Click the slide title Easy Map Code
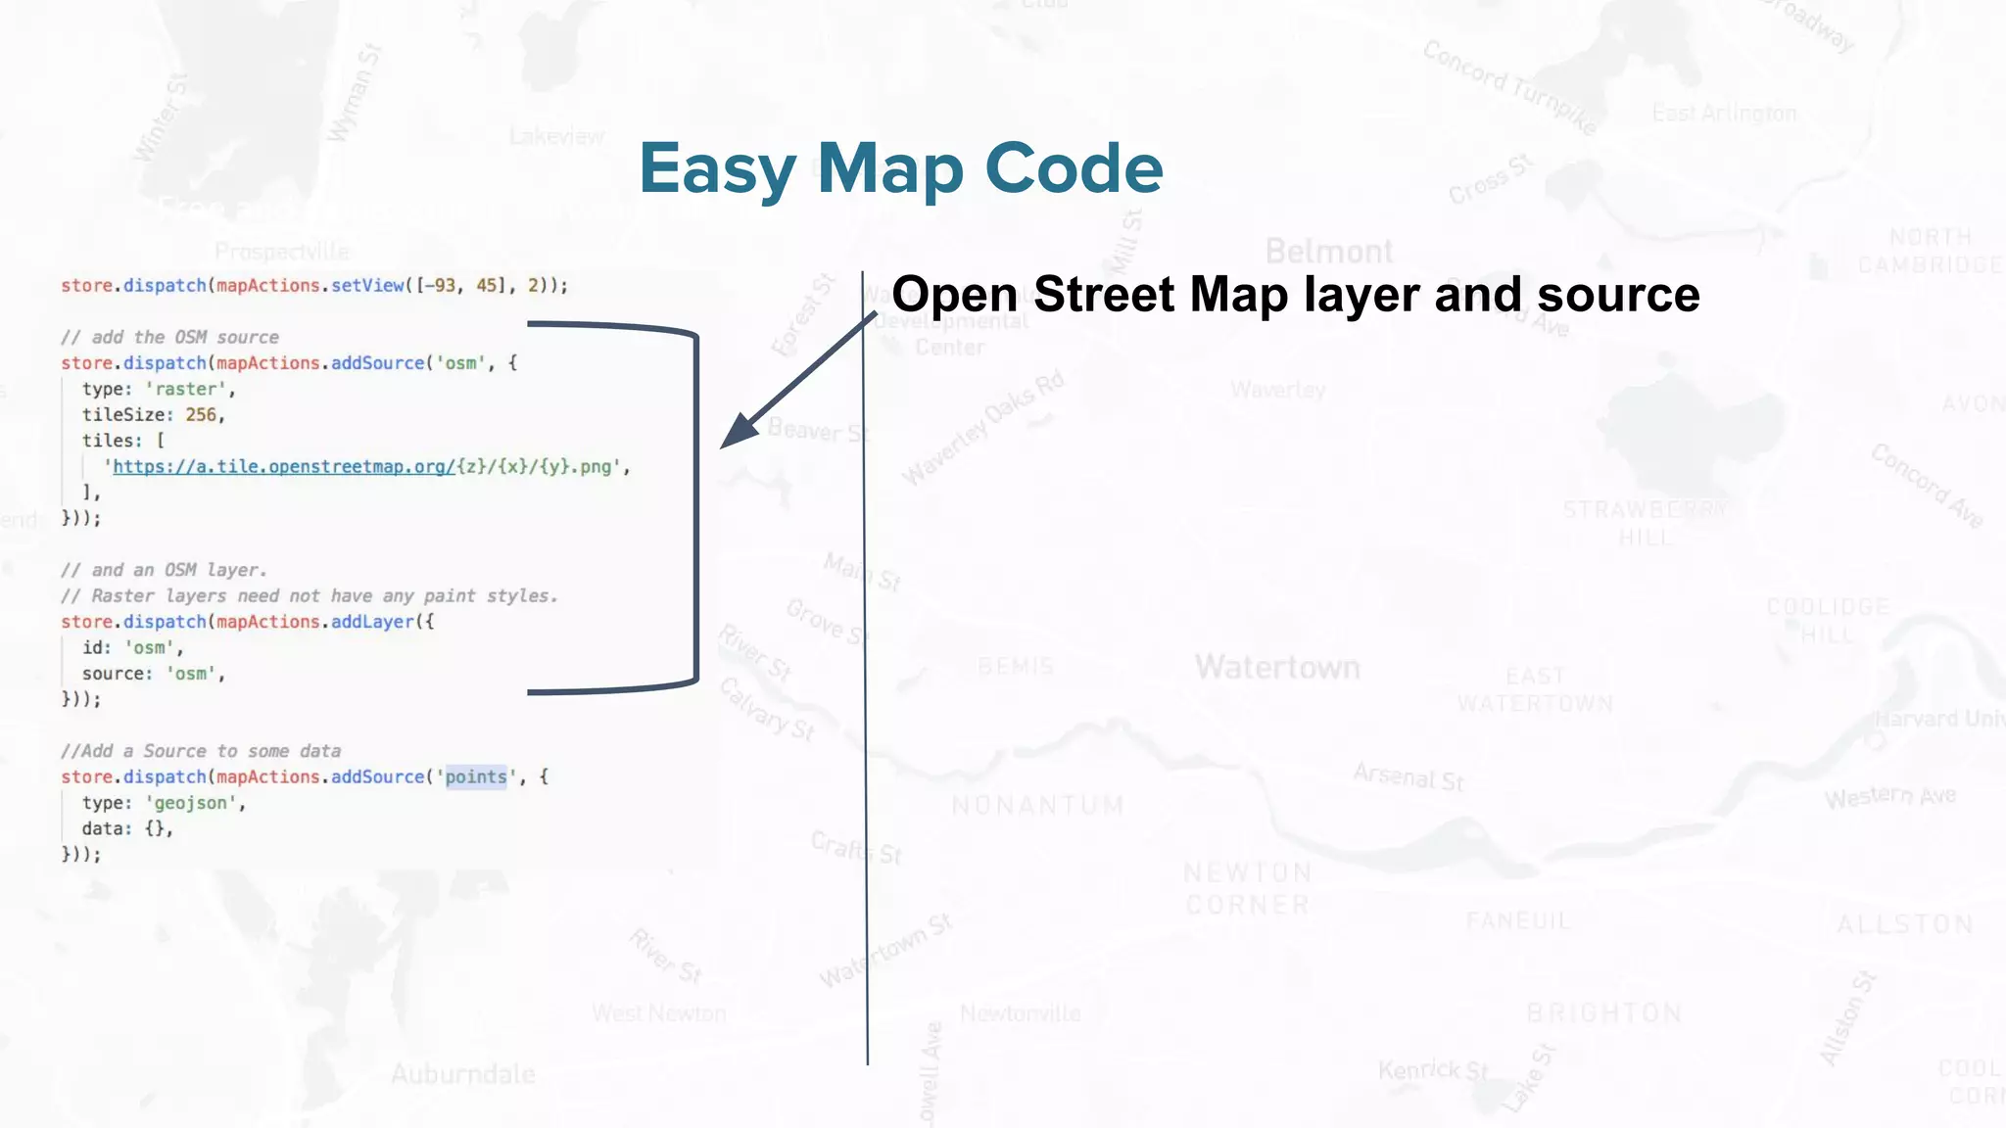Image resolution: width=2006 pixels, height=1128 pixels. coord(900,169)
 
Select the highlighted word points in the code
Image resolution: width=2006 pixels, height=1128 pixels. coord(476,777)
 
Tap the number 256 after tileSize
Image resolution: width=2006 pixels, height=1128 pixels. coord(201,415)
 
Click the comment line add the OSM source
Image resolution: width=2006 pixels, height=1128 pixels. coord(169,338)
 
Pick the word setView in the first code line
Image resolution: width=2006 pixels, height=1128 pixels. coord(367,286)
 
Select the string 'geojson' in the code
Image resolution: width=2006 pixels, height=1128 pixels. coord(191,804)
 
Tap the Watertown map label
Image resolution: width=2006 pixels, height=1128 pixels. coord(1277,668)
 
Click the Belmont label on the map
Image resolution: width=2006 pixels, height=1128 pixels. coord(1329,252)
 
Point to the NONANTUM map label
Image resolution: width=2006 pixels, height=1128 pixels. coord(1038,806)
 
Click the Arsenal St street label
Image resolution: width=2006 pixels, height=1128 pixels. coord(1409,777)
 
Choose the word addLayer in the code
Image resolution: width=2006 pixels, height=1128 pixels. coord(372,623)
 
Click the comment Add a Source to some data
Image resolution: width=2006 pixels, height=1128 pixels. coord(201,752)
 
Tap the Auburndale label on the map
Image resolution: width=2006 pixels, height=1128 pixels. coord(462,1075)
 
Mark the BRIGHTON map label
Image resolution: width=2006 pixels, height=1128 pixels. coord(1604,1013)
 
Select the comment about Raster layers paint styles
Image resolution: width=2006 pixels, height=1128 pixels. coord(309,596)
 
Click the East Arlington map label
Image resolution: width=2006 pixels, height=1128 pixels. coord(1724,114)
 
